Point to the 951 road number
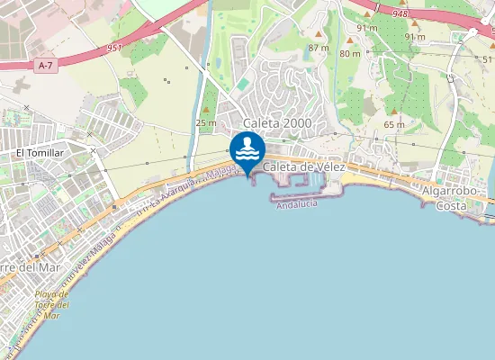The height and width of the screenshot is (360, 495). pyautogui.click(x=113, y=48)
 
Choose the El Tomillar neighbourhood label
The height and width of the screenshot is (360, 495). pyautogui.click(x=40, y=153)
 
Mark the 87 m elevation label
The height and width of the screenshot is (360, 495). pyautogui.click(x=318, y=48)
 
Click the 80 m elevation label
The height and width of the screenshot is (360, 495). pyautogui.click(x=350, y=53)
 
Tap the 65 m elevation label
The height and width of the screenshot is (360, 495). pyautogui.click(x=394, y=124)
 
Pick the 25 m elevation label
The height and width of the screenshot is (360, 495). pyautogui.click(x=206, y=122)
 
